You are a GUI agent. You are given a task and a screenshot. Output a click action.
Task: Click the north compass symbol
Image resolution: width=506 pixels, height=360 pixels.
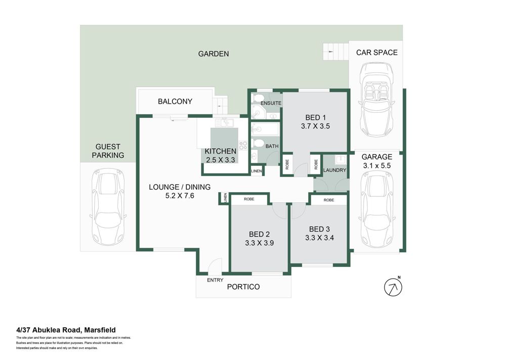pos(393,287)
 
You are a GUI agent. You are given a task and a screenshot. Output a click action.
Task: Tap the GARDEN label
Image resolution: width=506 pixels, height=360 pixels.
pos(214,54)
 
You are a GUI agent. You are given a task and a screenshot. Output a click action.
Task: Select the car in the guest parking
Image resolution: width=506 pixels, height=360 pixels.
pos(108,207)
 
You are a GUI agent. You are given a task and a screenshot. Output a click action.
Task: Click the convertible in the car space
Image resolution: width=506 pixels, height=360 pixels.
pos(376,100)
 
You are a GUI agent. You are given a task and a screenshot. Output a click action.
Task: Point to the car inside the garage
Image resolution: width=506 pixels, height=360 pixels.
pos(376,209)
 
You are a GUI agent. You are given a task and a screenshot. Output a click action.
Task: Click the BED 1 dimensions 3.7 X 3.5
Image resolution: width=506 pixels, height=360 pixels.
pos(315,126)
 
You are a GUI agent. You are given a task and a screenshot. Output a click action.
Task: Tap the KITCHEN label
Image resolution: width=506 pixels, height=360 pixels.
pos(221,151)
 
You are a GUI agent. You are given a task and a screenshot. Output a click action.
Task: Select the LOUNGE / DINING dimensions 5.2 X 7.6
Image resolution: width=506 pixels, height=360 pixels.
pos(180,196)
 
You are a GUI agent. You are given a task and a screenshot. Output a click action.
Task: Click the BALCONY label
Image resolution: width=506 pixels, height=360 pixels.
pos(175,101)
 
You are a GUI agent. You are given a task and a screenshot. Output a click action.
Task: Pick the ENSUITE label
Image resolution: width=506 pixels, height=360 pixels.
pos(271,103)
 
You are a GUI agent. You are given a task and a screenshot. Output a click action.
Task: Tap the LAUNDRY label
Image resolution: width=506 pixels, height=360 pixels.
pos(334,170)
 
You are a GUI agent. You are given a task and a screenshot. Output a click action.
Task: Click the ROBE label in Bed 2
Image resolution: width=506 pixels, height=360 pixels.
pos(249,199)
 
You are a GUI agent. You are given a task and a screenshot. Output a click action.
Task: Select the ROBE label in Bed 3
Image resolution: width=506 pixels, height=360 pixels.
pos(328,200)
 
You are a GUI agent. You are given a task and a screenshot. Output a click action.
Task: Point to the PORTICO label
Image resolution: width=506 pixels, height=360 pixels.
pos(243,287)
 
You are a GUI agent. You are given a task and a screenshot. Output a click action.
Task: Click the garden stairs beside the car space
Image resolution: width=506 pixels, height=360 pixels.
pos(335,52)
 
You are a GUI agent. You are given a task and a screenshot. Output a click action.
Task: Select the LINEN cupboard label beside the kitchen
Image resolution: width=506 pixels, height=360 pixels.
pos(256,171)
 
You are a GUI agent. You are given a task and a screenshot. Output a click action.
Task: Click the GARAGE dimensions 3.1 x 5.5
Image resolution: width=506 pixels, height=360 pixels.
pos(376,165)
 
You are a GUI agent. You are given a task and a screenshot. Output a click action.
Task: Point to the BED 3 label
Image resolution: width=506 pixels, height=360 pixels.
pos(319,229)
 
